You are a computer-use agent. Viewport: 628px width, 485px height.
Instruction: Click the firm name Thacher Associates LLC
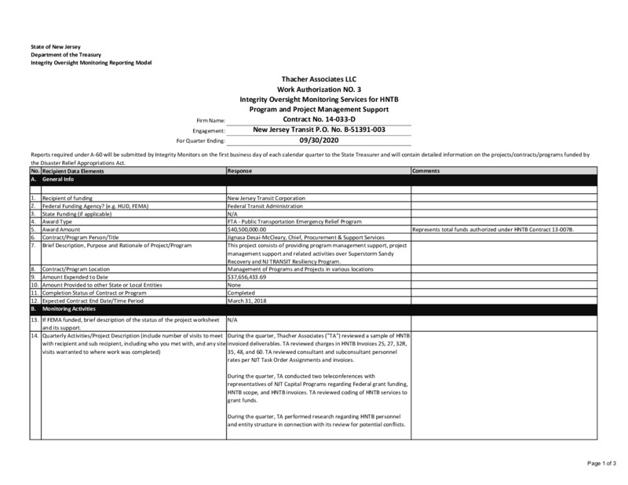319,80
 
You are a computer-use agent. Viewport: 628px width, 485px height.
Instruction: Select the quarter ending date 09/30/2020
318,140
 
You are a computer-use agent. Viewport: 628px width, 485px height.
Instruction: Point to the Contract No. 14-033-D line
318,119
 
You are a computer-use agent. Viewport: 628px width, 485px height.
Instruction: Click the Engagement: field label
209,130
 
